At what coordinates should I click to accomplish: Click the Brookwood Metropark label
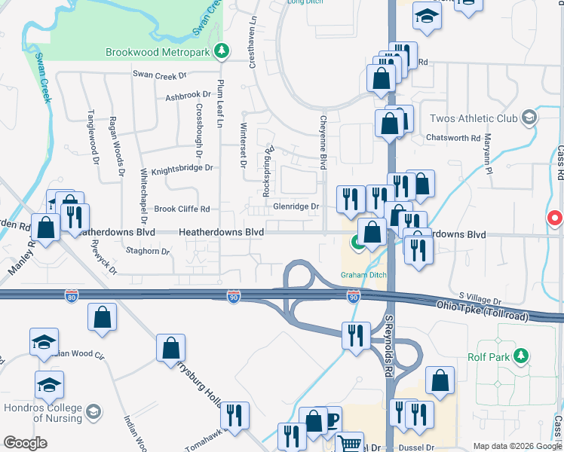(x=158, y=52)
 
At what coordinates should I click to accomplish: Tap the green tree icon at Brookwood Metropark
(x=221, y=51)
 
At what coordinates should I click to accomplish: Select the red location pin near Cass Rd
(x=555, y=218)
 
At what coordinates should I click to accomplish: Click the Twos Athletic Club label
(x=473, y=118)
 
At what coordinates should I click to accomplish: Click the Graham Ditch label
(x=363, y=275)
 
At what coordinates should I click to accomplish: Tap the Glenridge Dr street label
(x=296, y=206)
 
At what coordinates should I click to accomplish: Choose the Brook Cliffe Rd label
(x=181, y=209)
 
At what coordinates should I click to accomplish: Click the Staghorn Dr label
(x=148, y=251)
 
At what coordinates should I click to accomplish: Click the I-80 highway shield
(x=72, y=297)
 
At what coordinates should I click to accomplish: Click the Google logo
(x=26, y=442)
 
